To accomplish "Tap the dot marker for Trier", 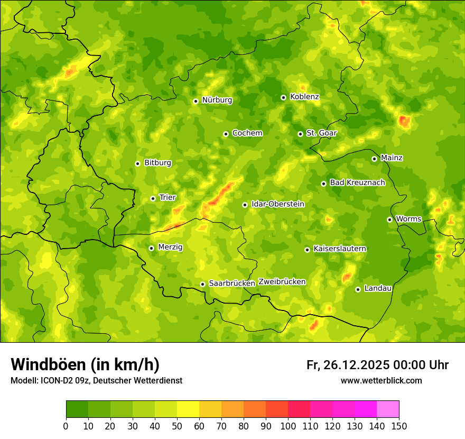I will click(x=153, y=198).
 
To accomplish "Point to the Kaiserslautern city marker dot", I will click(x=307, y=250).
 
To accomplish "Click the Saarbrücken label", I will click(x=232, y=283).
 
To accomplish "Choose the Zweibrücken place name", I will click(x=282, y=282).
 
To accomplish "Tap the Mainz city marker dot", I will click(x=374, y=159).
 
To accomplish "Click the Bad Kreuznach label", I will click(x=357, y=182).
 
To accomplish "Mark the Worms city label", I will click(x=409, y=219).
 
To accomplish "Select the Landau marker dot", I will click(x=358, y=289).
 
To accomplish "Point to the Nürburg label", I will click(x=217, y=100).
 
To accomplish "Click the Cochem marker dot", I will click(x=226, y=134).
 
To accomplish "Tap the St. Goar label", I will click(x=321, y=133).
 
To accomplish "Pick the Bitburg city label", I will click(x=157, y=163).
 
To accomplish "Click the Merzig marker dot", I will click(x=151, y=248).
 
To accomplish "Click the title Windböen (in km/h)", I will click(x=85, y=364).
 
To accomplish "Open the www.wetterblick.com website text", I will click(x=381, y=380).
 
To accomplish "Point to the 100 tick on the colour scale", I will click(x=288, y=426).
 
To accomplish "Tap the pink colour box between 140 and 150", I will click(x=388, y=409).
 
